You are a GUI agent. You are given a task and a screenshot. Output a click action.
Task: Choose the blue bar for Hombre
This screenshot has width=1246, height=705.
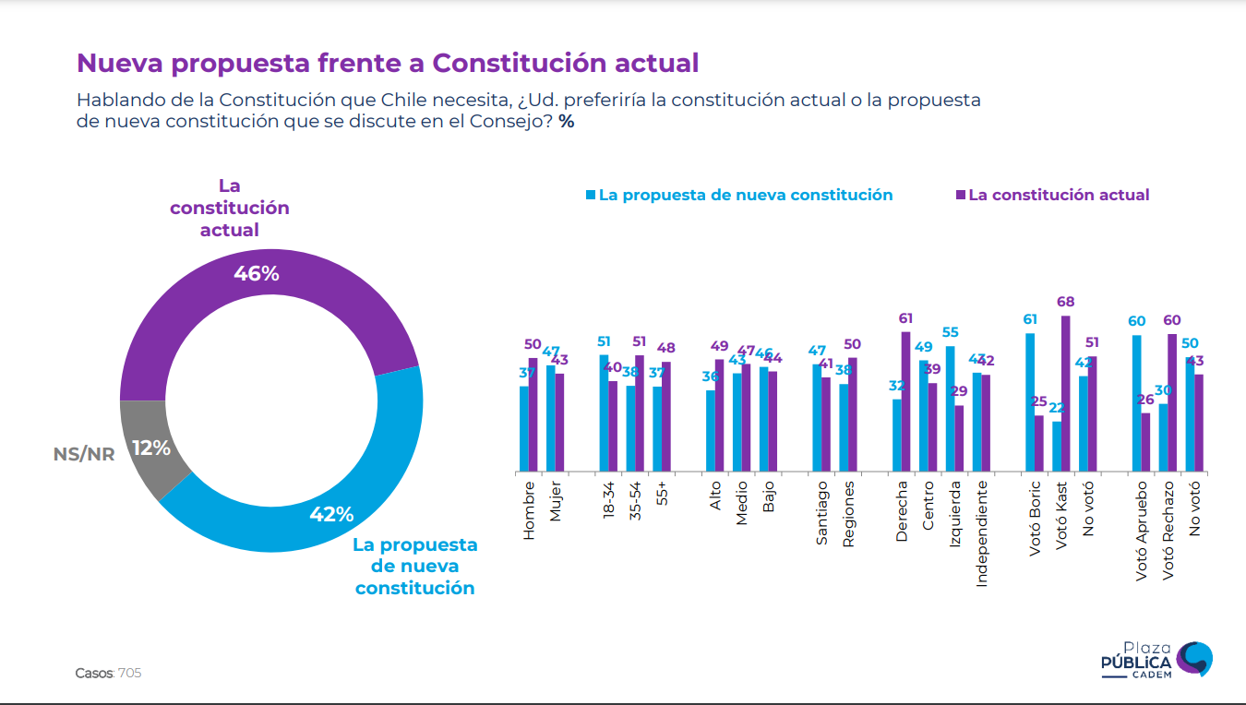[524, 428]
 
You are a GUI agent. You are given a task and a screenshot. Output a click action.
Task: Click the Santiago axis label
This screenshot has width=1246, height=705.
[821, 512]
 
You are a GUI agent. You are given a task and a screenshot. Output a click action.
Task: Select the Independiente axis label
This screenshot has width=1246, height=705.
[982, 532]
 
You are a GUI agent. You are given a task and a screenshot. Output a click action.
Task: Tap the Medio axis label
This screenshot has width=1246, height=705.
[741, 503]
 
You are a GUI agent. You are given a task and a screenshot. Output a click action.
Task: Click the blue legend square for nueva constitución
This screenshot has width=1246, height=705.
[591, 195]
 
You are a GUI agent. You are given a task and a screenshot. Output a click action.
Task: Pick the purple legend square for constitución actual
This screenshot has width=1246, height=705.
[960, 195]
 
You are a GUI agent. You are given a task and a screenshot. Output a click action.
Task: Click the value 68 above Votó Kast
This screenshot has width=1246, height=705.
[1066, 302]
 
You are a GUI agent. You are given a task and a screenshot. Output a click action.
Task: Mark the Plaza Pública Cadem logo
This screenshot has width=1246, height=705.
[1156, 660]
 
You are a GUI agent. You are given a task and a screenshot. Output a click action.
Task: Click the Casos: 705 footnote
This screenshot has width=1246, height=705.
[108, 673]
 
